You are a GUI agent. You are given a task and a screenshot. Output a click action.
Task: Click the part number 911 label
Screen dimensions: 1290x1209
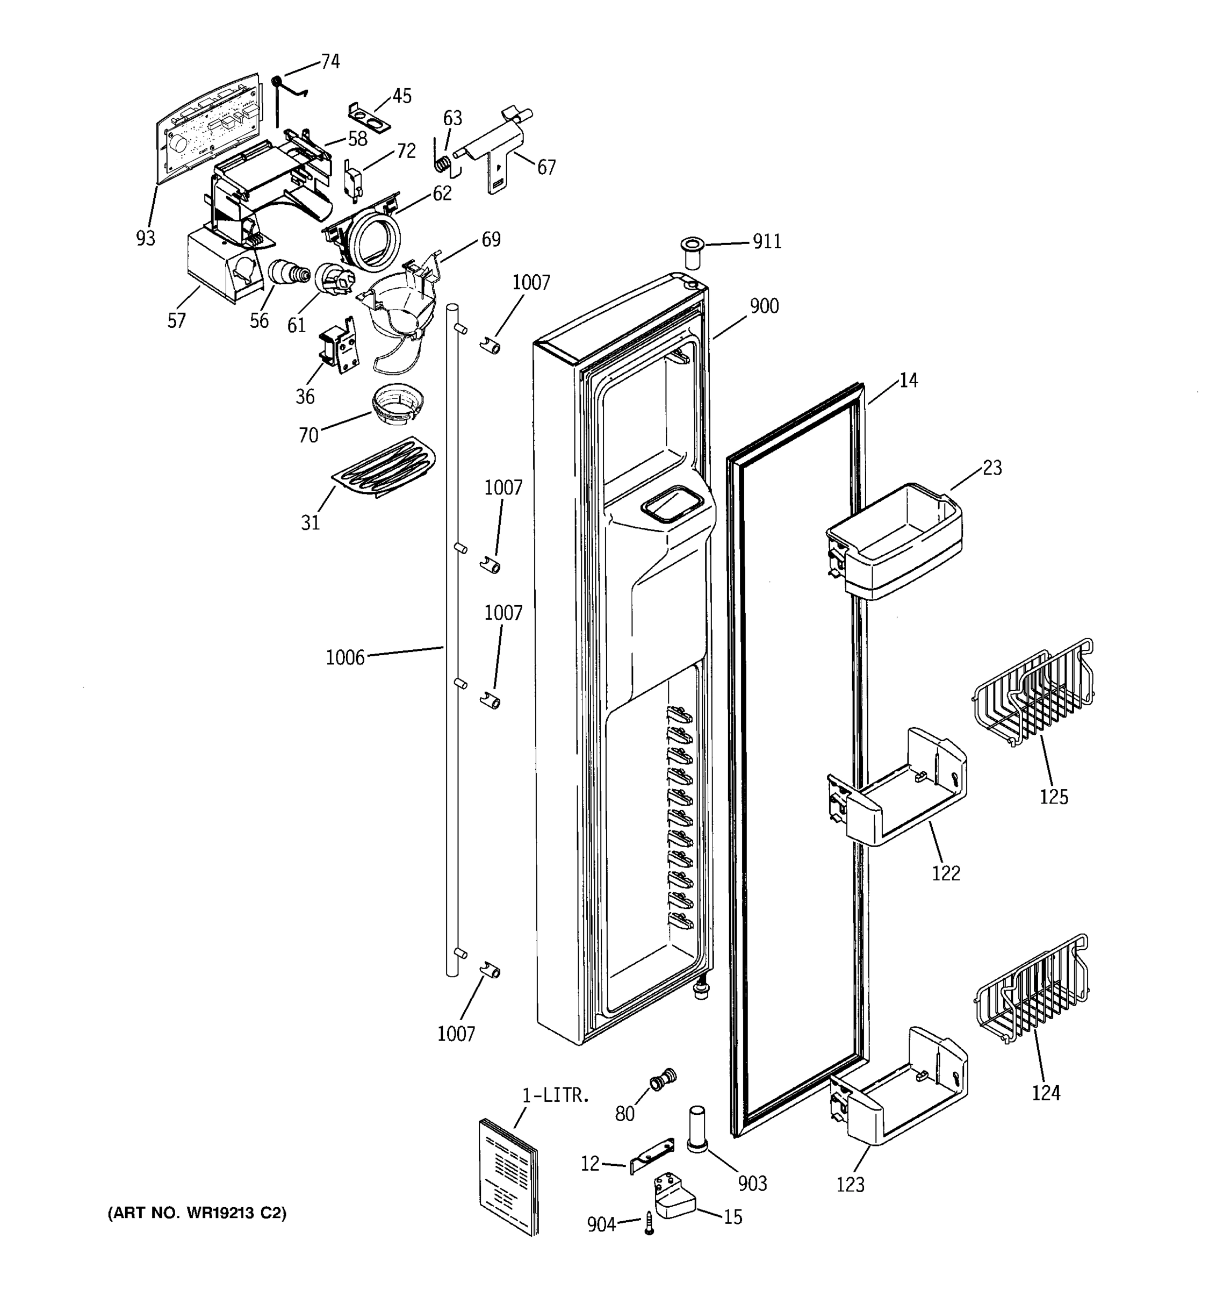(767, 241)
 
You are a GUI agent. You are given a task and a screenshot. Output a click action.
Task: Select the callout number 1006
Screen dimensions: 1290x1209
(345, 658)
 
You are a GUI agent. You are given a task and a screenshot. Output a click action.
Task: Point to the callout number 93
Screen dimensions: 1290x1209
(145, 238)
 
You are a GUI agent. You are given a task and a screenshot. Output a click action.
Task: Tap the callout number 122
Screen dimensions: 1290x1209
(946, 873)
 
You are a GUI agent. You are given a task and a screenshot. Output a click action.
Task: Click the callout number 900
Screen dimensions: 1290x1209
(764, 306)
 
